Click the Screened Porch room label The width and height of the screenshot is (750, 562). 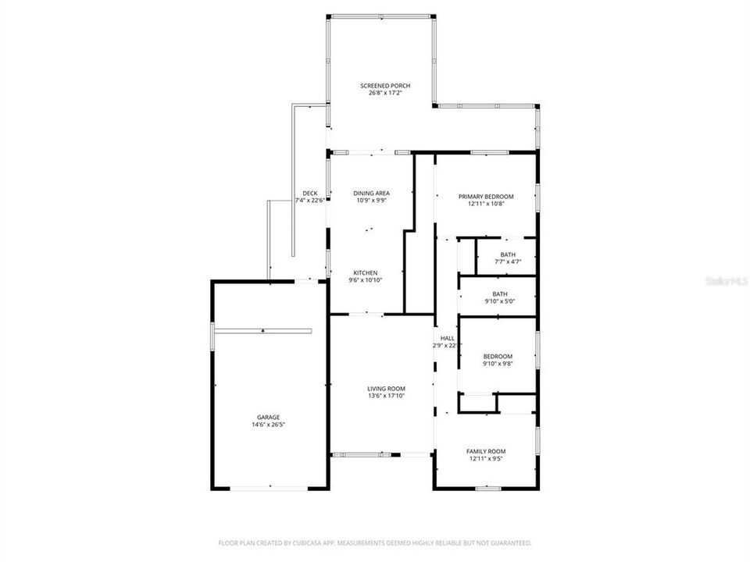pos(384,86)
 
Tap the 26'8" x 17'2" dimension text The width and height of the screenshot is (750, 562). pos(384,93)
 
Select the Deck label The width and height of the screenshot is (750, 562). pos(309,194)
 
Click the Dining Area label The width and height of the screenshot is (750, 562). pos(371,194)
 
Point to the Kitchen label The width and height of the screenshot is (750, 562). pos(366,273)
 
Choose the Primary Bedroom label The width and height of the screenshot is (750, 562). pos(486,197)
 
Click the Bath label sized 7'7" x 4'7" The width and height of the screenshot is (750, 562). pos(508,255)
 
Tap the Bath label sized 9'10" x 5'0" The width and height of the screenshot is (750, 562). pos(498,293)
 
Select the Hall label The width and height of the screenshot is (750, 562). pos(448,338)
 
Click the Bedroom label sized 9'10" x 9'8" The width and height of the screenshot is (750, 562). pos(498,356)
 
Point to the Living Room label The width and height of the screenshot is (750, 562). pos(386,389)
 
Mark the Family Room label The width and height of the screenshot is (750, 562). pos(486,451)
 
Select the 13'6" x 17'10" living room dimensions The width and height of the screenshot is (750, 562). pos(386,396)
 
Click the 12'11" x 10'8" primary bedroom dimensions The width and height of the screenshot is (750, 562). pos(486,204)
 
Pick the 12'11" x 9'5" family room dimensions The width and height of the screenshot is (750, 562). pos(486,459)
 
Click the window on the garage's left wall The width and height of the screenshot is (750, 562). pos(212,336)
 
